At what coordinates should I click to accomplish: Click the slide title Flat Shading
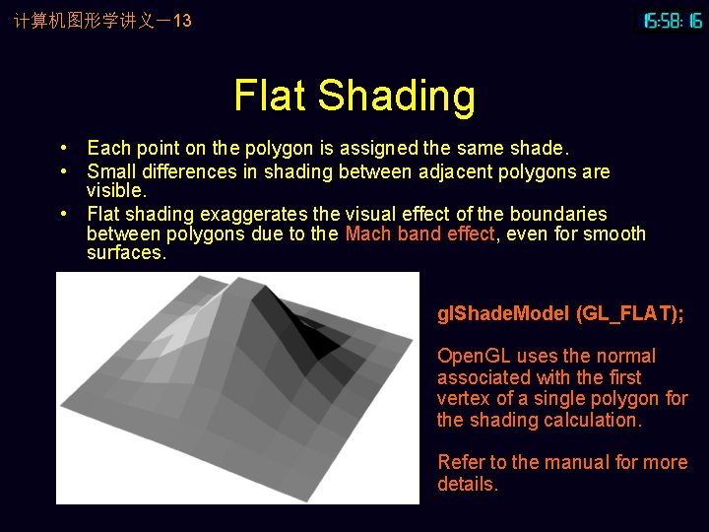[354, 96]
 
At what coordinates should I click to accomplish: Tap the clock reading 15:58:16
[674, 21]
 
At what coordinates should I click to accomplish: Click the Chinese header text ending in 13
[102, 21]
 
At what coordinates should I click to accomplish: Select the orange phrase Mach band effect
[421, 234]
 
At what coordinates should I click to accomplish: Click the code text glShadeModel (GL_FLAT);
[560, 313]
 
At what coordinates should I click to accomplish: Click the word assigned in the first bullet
[381, 149]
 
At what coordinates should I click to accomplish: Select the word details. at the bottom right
[468, 484]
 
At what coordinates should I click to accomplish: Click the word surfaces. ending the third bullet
[126, 253]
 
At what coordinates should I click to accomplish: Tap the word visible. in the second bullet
[116, 190]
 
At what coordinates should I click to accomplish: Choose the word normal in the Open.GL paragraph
[626, 357]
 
